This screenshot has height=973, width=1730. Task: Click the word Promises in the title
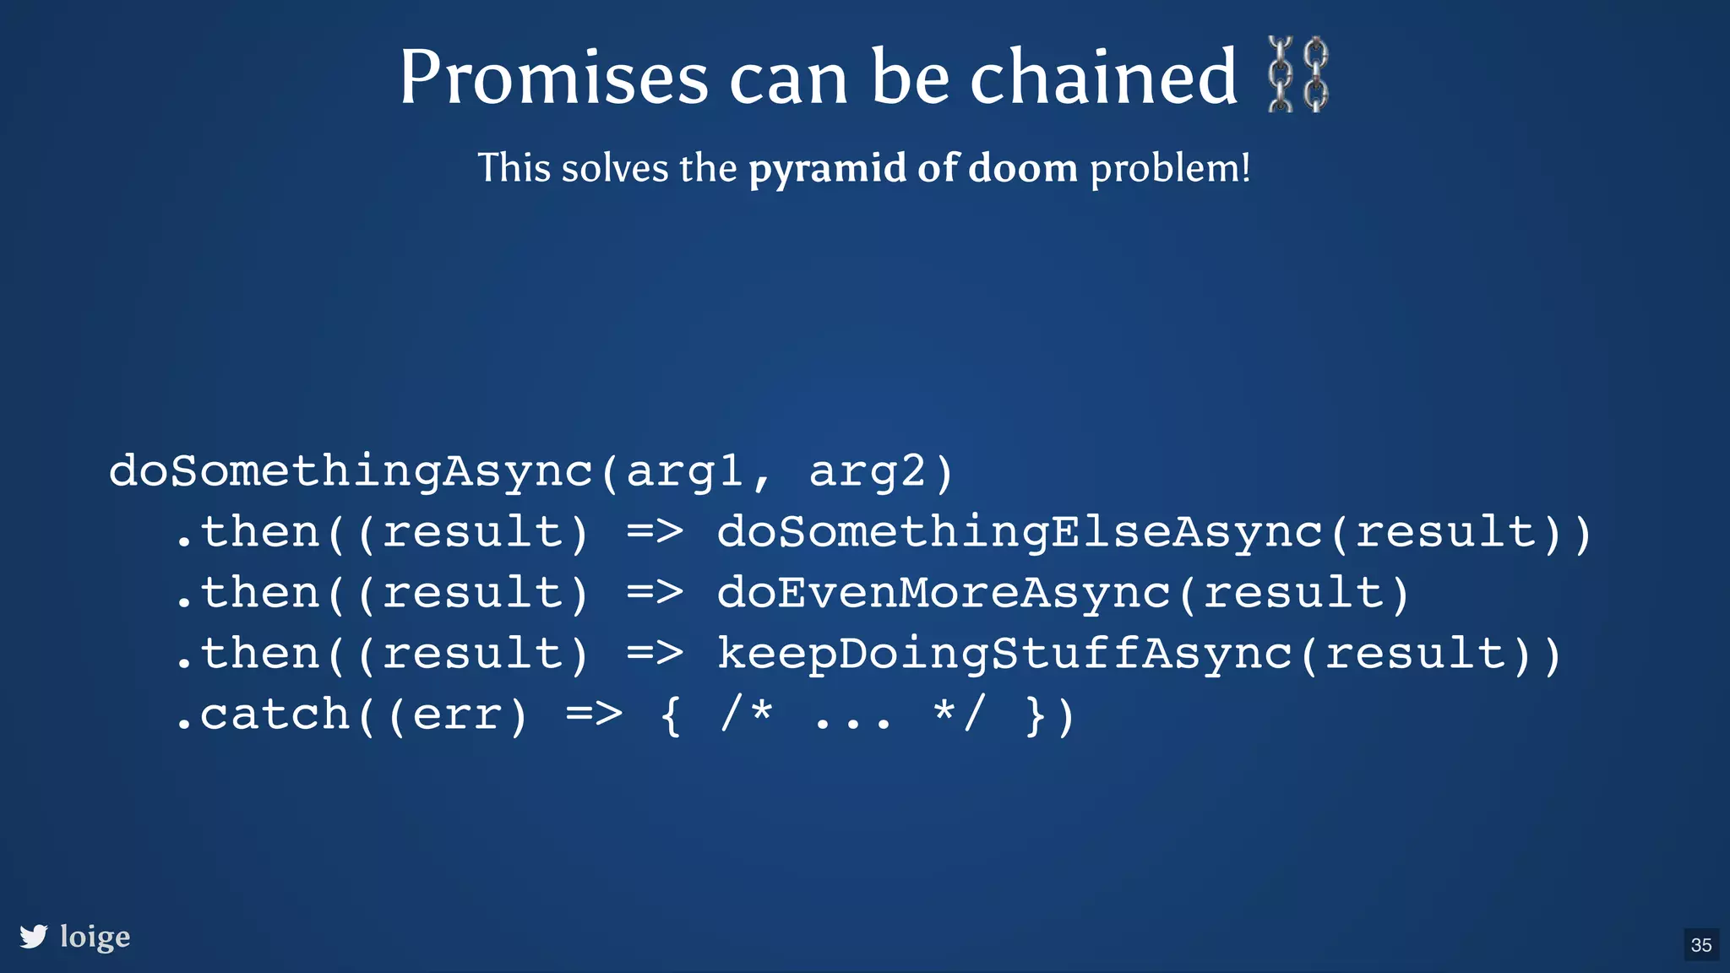tap(553, 77)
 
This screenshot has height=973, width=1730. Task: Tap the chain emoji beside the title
tap(1298, 74)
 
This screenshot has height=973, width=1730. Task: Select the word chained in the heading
tap(1103, 77)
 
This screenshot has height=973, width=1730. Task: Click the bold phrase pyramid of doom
tap(913, 168)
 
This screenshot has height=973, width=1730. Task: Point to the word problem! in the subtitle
tap(1170, 168)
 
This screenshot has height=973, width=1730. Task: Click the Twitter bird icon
tap(34, 936)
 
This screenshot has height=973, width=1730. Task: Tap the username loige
tap(95, 937)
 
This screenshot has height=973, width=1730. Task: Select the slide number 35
tap(1701, 944)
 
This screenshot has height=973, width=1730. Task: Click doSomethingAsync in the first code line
tap(351, 471)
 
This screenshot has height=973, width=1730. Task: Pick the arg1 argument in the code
tap(683, 471)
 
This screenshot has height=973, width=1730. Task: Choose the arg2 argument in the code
tap(867, 471)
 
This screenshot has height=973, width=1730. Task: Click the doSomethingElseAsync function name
tap(1020, 533)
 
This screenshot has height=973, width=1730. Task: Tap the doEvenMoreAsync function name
tap(944, 593)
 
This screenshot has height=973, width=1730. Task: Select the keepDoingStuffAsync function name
tap(1004, 655)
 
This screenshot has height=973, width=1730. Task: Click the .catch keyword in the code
tap(263, 715)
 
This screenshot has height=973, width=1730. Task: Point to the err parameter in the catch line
tap(456, 715)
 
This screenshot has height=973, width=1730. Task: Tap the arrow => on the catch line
tap(594, 715)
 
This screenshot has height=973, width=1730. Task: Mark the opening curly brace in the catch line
tap(670, 715)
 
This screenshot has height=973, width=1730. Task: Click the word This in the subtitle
tap(514, 168)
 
